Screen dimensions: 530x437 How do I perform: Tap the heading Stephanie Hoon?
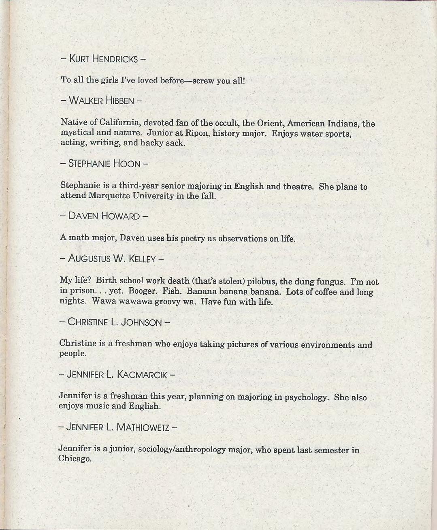[x=104, y=164]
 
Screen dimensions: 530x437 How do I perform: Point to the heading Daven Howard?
[x=104, y=216]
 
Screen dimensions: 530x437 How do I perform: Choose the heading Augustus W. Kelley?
[x=111, y=259]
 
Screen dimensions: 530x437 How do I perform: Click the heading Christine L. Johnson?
[x=114, y=322]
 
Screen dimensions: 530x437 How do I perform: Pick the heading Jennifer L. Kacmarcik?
[x=117, y=374]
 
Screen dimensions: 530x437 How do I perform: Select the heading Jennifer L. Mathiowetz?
[x=117, y=427]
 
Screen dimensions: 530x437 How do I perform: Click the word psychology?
[x=306, y=397]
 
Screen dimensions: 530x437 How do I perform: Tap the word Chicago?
[x=75, y=459]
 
